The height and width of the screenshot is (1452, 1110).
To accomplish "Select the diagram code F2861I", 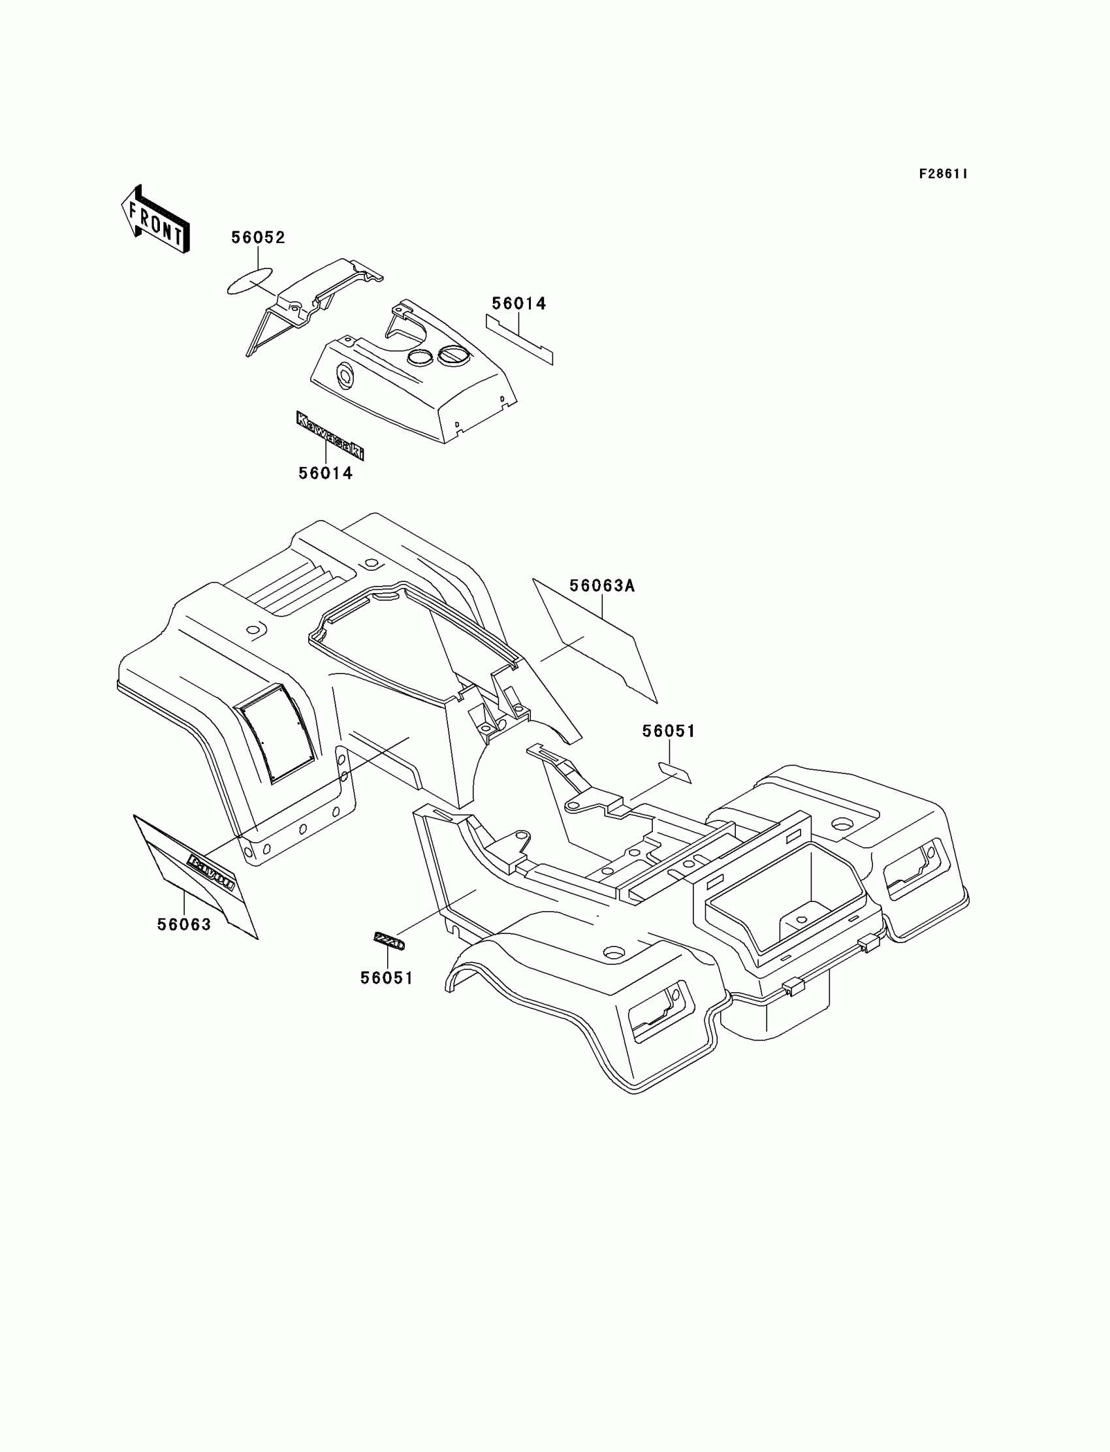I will click(x=943, y=174).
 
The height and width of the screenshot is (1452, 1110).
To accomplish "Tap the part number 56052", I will click(x=258, y=238).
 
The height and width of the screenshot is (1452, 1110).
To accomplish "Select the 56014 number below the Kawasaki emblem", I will click(x=325, y=473).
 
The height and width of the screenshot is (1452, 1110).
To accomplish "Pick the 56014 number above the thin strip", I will click(x=518, y=304).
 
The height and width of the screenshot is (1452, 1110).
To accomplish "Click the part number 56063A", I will click(x=602, y=585).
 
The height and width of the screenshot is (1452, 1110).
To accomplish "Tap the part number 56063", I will click(x=183, y=925).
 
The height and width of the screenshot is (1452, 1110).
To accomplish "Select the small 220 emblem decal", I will click(x=388, y=941).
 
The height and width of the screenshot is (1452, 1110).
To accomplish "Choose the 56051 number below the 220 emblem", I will click(x=387, y=978).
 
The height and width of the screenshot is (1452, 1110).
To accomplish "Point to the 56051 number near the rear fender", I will click(x=669, y=732).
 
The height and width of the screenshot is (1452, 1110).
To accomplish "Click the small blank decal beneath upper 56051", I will click(x=674, y=772).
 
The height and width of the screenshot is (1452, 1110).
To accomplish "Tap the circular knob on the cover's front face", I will click(x=345, y=376).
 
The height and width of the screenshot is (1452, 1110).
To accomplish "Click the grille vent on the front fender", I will click(x=277, y=732).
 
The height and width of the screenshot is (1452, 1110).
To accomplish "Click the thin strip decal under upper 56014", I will click(x=520, y=339).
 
